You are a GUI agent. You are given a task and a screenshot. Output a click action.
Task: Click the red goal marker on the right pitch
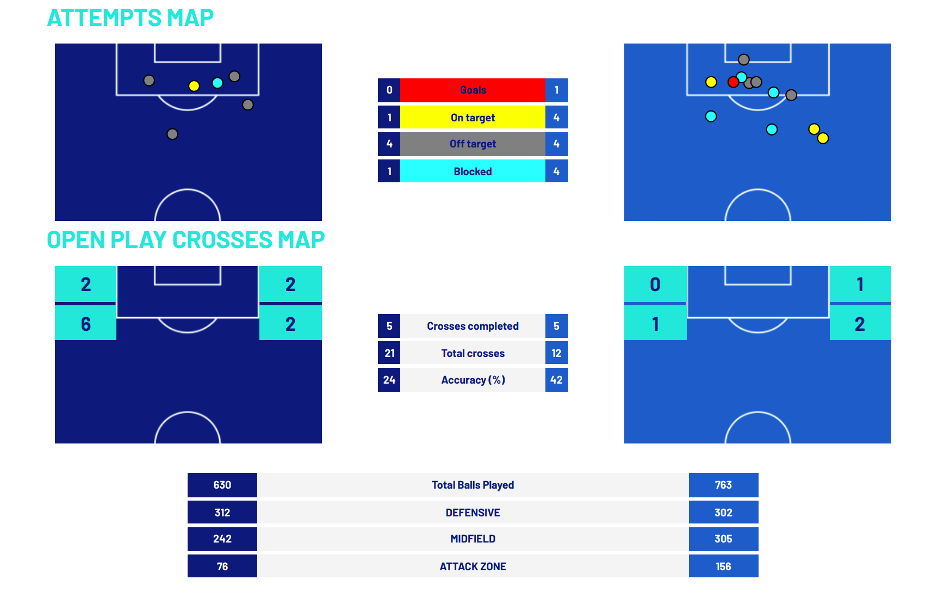[x=733, y=82]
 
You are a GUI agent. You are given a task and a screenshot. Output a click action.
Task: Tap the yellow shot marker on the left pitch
[x=194, y=86]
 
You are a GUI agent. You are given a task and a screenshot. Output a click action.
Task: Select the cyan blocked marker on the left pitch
[x=218, y=83]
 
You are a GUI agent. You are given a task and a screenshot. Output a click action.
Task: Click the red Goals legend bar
[x=473, y=90]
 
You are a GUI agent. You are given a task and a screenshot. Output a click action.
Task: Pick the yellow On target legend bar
[x=473, y=118]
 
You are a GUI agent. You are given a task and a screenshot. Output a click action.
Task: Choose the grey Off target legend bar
[x=473, y=144]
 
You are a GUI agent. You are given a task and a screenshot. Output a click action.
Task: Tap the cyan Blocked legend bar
[x=473, y=171]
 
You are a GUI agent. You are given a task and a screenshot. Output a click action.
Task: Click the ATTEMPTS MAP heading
[x=131, y=18]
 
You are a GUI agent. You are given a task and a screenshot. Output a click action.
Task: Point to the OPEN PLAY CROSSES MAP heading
[x=185, y=240]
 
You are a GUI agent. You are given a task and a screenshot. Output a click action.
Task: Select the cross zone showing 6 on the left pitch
[x=85, y=324]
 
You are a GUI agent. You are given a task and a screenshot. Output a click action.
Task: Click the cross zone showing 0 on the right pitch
[x=655, y=285]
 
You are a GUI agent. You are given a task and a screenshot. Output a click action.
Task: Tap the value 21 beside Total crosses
[x=389, y=353]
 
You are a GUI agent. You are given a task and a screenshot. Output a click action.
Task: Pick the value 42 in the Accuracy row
[x=556, y=380]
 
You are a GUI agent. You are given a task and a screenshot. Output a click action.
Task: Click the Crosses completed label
[x=473, y=326]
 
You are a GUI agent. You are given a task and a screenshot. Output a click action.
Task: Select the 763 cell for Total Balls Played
[x=723, y=485]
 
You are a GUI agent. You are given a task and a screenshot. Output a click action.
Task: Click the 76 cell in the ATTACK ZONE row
[x=222, y=566]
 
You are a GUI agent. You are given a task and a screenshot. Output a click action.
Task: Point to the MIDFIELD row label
[x=473, y=539]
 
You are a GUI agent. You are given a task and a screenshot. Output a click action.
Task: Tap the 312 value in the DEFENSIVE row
[x=222, y=513]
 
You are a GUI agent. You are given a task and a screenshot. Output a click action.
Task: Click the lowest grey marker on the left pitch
[x=172, y=134]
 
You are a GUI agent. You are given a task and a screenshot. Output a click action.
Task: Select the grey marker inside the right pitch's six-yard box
[x=744, y=59]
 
